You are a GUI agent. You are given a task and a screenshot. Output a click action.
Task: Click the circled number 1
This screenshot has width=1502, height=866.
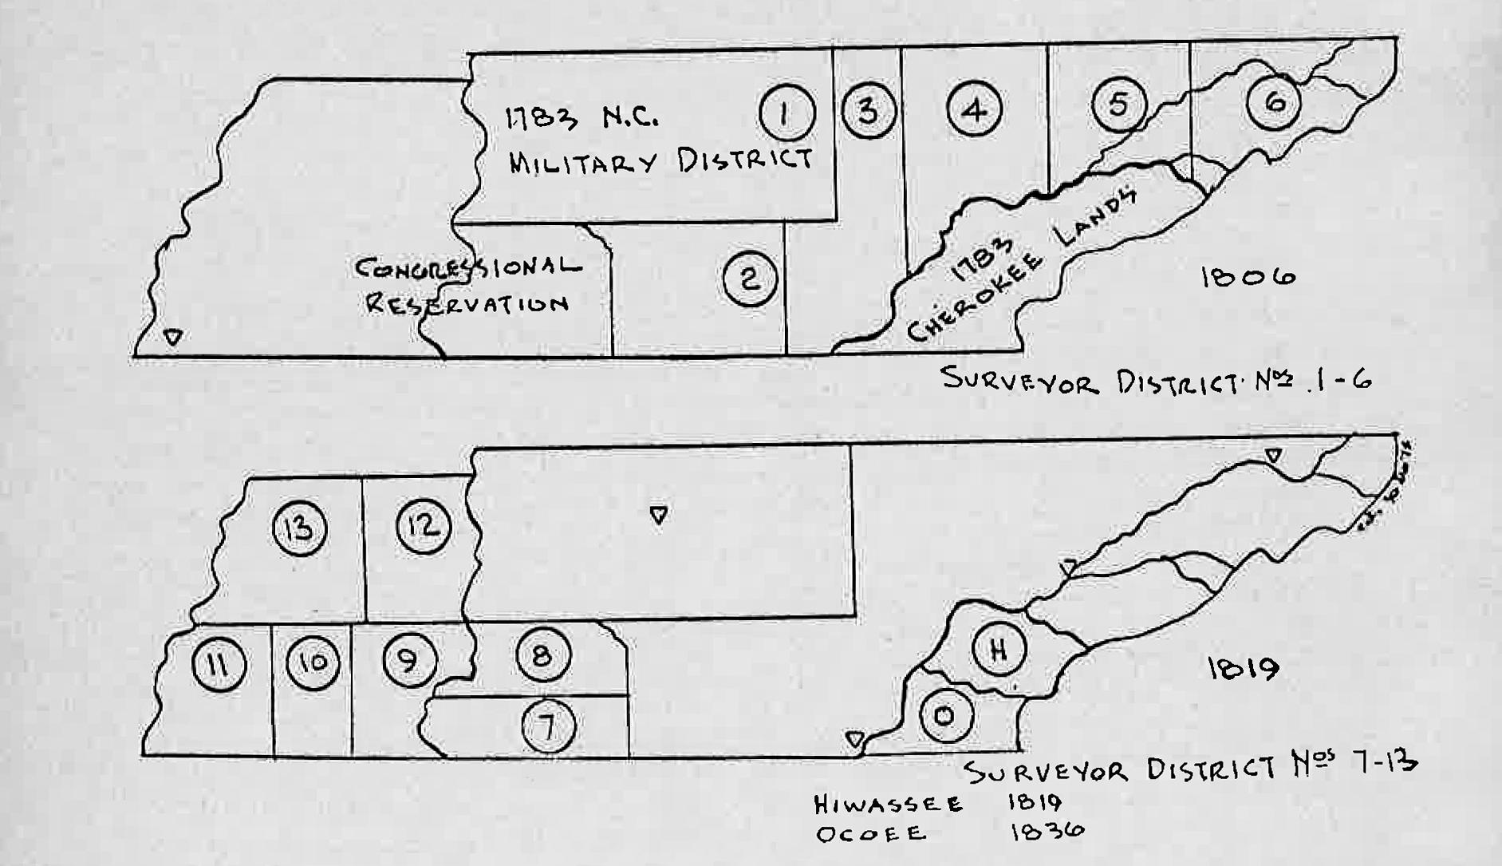[786, 113]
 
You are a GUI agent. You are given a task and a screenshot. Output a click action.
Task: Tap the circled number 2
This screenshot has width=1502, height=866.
[750, 279]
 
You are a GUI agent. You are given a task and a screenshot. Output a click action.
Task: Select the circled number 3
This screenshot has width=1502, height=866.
[868, 110]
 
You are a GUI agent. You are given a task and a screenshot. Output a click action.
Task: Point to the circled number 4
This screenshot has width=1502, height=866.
[975, 109]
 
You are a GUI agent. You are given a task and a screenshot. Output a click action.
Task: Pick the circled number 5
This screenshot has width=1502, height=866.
[1118, 104]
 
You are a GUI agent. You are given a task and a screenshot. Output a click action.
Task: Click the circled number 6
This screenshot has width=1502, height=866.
[1274, 102]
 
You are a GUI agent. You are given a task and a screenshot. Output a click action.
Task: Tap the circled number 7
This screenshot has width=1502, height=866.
[548, 726]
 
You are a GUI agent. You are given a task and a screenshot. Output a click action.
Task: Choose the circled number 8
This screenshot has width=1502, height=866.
[543, 656]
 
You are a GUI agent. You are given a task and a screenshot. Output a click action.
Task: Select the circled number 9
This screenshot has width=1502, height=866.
[410, 661]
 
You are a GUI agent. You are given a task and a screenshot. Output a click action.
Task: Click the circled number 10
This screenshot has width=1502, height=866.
[313, 662]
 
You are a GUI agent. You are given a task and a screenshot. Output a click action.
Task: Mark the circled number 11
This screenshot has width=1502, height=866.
[219, 664]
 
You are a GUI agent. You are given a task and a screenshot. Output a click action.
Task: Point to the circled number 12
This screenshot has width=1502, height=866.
[424, 526]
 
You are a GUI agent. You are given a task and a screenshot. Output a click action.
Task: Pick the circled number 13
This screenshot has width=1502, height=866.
[300, 528]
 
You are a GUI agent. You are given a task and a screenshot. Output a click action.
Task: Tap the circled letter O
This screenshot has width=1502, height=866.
[946, 716]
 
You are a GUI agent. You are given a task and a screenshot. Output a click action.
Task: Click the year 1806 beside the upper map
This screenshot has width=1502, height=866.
[1248, 278]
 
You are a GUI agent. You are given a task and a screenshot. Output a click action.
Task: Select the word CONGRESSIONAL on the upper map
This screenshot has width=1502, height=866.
[468, 267]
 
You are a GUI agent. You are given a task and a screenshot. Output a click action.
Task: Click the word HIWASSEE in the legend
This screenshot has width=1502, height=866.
[888, 804]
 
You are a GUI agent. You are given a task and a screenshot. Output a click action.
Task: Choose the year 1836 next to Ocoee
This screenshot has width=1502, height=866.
[1047, 832]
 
